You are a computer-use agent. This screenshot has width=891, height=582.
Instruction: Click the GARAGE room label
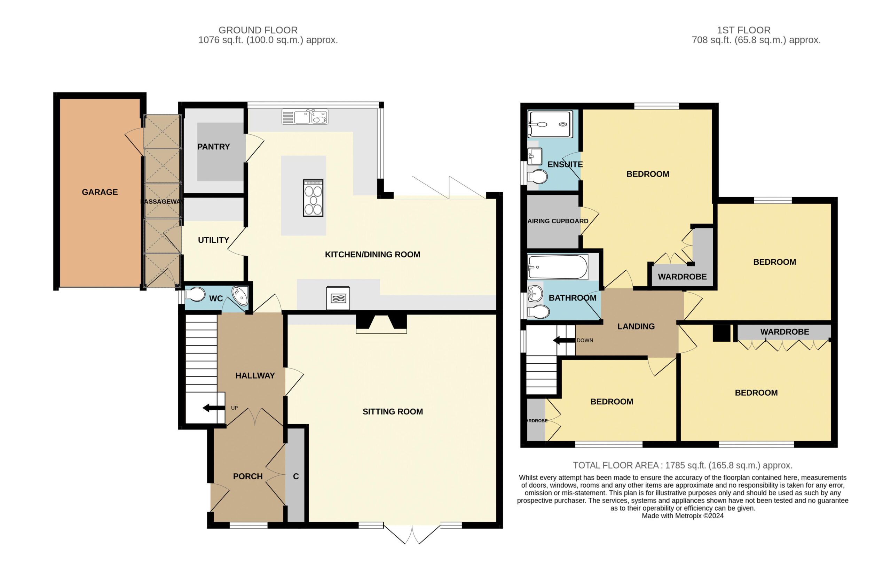[100, 192]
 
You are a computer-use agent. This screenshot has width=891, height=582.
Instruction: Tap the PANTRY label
[213, 147]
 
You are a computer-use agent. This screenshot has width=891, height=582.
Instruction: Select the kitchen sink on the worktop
[305, 116]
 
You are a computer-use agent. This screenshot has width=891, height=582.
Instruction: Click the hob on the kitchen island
[313, 198]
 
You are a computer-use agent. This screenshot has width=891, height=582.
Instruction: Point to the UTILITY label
[213, 240]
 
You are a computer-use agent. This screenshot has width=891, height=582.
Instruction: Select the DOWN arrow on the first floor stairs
[564, 340]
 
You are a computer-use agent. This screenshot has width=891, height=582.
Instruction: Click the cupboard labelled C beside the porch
[296, 476]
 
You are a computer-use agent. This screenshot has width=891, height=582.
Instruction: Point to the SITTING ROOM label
[393, 412]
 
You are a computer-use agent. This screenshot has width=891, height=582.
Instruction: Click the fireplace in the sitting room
[381, 324]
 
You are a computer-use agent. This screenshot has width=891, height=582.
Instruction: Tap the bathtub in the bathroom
[558, 267]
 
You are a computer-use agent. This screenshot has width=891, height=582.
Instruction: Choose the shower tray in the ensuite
[550, 124]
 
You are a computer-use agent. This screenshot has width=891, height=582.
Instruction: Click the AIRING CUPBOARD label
[558, 221]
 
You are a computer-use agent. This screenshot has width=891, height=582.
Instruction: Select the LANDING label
[636, 327]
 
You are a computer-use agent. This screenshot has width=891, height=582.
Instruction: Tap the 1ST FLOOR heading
[744, 30]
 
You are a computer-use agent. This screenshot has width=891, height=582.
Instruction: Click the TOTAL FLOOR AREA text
[683, 466]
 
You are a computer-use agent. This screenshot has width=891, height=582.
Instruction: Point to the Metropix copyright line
[683, 516]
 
